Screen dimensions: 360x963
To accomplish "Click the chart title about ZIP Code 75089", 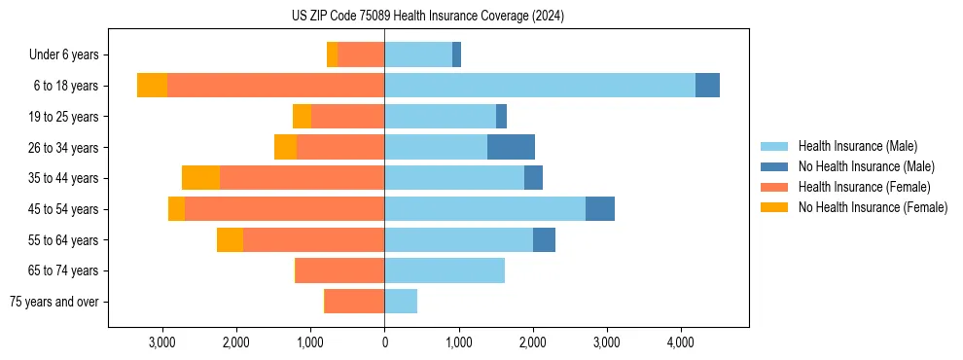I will [428, 17].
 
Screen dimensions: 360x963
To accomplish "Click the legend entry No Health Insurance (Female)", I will [873, 207].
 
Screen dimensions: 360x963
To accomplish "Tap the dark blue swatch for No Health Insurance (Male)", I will [774, 166].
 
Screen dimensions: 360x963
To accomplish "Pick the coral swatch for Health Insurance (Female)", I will [774, 187].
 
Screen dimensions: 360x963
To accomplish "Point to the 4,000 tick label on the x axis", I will [680, 342].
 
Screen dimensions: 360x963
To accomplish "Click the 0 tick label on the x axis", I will [384, 342].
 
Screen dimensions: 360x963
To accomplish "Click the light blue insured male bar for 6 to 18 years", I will [540, 86].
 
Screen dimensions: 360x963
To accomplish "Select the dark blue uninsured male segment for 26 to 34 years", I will [511, 147].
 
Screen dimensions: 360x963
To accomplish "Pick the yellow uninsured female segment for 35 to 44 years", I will [200, 178].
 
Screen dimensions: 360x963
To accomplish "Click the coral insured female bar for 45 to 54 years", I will [284, 209].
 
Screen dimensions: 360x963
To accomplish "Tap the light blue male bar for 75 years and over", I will [401, 302].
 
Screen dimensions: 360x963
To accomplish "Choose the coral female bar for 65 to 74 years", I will [339, 270].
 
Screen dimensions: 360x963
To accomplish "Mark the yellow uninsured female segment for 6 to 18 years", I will [152, 86].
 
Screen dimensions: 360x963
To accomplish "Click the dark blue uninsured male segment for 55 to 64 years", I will [544, 239].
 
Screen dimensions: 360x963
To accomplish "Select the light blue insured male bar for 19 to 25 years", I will [440, 117].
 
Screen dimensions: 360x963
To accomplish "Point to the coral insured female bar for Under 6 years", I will [361, 55].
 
